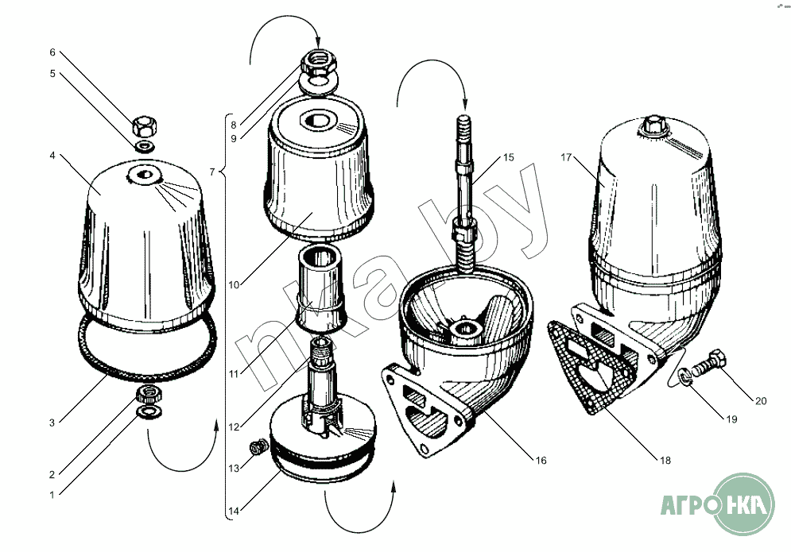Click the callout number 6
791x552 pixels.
(52, 52)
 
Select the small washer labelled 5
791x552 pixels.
(145, 147)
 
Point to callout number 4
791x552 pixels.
(52, 155)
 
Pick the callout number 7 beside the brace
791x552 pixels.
(212, 172)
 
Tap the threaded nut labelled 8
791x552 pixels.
(319, 63)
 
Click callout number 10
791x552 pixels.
(234, 285)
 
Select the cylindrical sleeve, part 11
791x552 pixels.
(320, 289)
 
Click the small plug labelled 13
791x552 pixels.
(258, 446)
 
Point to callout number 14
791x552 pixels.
(233, 511)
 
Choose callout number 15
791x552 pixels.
(509, 157)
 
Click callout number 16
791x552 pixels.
(541, 460)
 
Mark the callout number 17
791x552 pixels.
(566, 157)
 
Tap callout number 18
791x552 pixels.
(665, 460)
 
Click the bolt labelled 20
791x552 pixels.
(709, 362)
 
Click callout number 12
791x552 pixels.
(233, 427)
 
